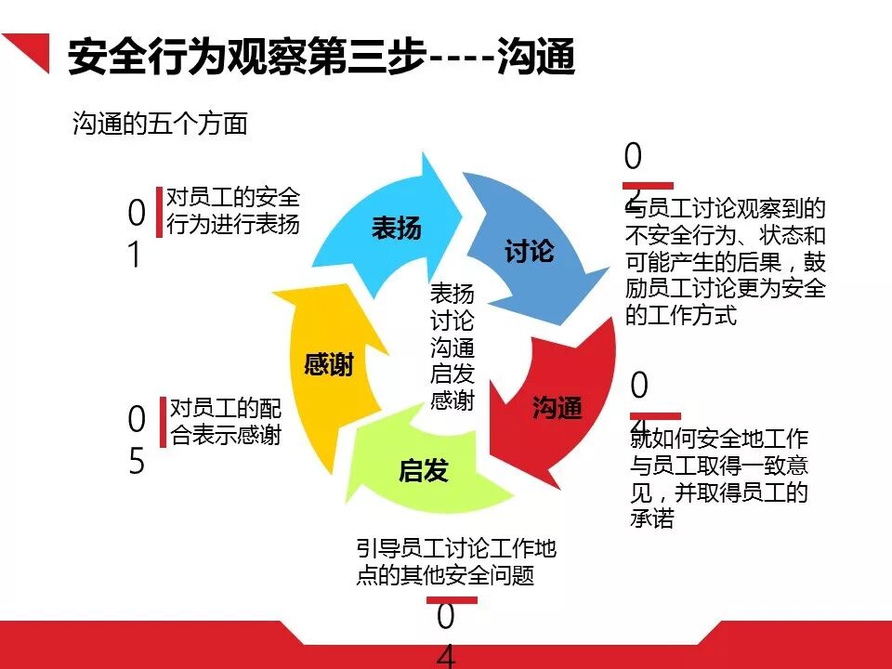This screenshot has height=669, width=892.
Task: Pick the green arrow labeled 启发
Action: (x=424, y=471)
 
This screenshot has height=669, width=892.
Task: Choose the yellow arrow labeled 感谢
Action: (x=330, y=365)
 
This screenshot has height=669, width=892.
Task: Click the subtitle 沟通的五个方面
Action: (x=160, y=125)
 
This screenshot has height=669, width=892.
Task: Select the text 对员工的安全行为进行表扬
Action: (x=232, y=211)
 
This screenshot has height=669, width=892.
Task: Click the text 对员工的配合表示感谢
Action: (x=225, y=422)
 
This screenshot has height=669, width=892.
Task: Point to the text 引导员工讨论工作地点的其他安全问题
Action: (x=455, y=562)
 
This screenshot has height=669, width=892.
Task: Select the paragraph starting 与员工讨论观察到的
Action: (x=726, y=262)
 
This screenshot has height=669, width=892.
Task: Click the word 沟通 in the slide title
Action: (x=536, y=58)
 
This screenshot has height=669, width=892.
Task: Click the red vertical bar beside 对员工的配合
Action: (x=163, y=422)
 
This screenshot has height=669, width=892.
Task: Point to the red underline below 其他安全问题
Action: (x=451, y=599)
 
